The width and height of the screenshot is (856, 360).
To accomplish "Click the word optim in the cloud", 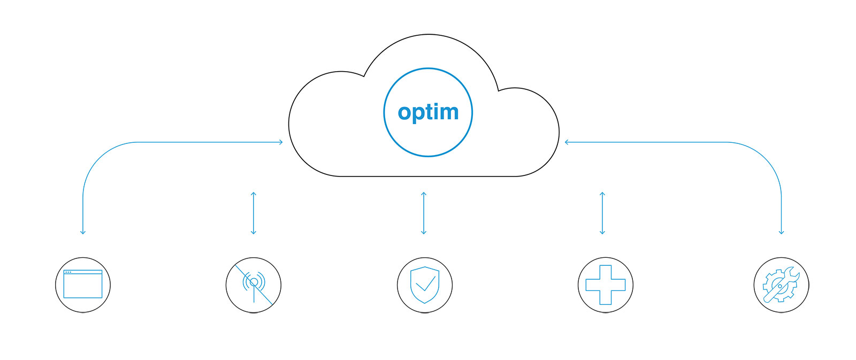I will click(428, 112).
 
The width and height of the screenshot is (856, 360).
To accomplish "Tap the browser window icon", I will click(83, 284).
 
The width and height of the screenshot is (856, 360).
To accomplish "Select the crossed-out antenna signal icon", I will click(254, 285).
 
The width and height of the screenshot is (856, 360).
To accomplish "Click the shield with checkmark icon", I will click(425, 285).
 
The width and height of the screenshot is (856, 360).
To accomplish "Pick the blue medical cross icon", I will click(605, 285).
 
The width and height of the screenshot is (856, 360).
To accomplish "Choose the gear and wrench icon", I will click(781, 285).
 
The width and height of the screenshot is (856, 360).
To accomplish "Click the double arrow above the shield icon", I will click(424, 213).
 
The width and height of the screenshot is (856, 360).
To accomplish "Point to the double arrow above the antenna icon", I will click(254, 213).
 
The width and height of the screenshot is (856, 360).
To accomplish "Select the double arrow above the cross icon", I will click(602, 213).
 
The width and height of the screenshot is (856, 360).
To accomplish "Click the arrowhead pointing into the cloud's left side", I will click(280, 142).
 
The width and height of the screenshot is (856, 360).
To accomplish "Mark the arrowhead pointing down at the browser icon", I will click(83, 232).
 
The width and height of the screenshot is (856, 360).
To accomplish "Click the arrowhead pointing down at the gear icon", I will click(781, 232).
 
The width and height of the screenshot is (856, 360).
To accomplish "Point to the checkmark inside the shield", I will click(425, 284).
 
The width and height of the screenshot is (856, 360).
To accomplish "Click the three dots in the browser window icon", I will click(68, 272).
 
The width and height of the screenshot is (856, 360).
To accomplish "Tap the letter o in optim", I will click(404, 112).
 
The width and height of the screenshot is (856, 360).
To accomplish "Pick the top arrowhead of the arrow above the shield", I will click(424, 194).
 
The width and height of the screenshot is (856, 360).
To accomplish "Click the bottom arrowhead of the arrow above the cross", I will click(602, 233).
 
